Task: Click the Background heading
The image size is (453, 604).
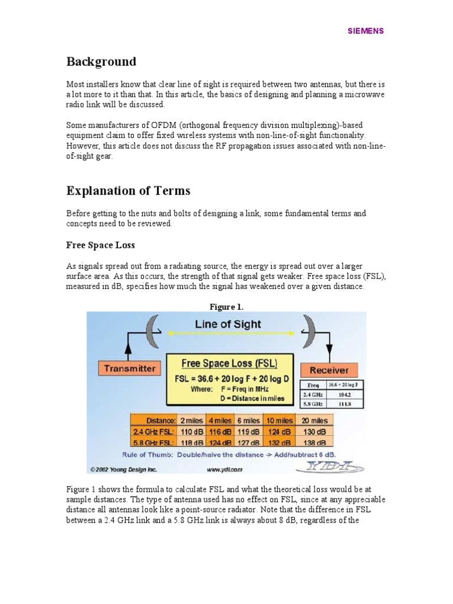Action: point(101,62)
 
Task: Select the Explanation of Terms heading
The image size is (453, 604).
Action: point(128,191)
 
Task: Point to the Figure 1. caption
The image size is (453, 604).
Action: point(226,306)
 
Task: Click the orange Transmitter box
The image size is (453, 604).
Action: point(130,369)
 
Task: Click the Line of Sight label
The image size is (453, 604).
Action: point(228,324)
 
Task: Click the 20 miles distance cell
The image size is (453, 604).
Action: point(314,420)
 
